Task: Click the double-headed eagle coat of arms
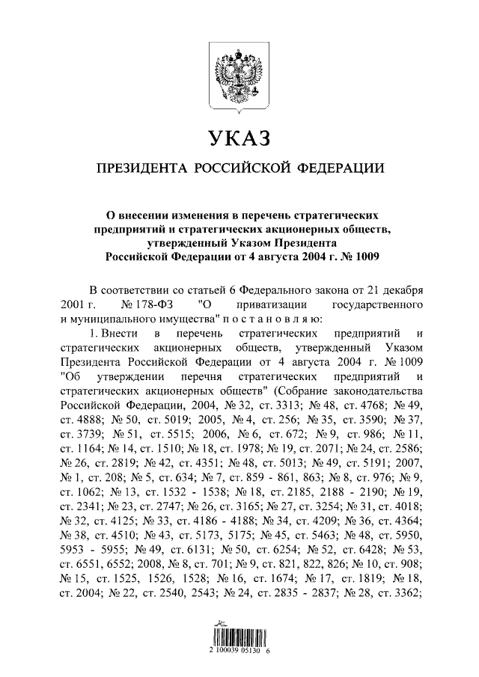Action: [x=239, y=75]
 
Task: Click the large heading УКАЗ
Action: [x=239, y=138]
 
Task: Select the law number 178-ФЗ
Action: [x=153, y=304]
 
